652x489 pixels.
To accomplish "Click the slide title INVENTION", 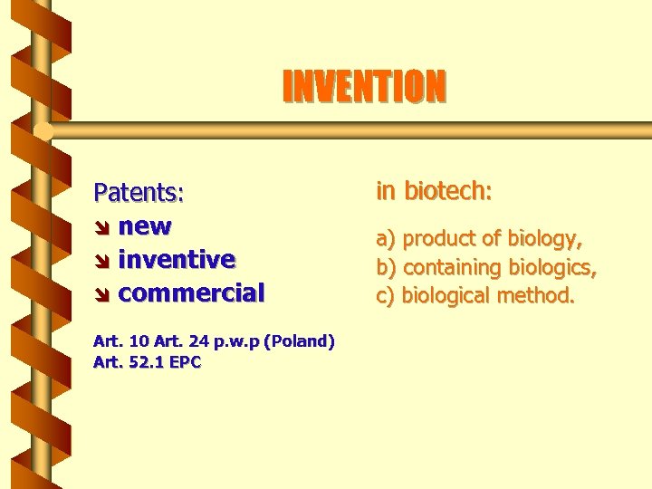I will (364, 87).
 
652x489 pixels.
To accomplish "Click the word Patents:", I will (139, 193).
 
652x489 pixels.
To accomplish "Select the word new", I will (145, 225).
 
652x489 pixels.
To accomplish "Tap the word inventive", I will (177, 259).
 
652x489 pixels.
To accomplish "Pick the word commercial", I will (191, 292).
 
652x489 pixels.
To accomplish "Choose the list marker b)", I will (387, 268).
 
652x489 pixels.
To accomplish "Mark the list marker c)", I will (386, 296).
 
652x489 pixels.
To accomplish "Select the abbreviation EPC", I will (184, 362).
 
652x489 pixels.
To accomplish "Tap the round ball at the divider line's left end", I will (43, 131).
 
